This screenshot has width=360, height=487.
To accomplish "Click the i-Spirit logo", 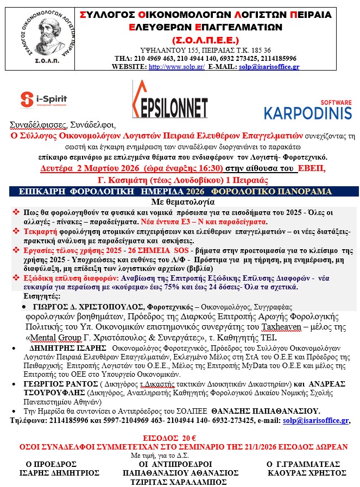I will (44, 99).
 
